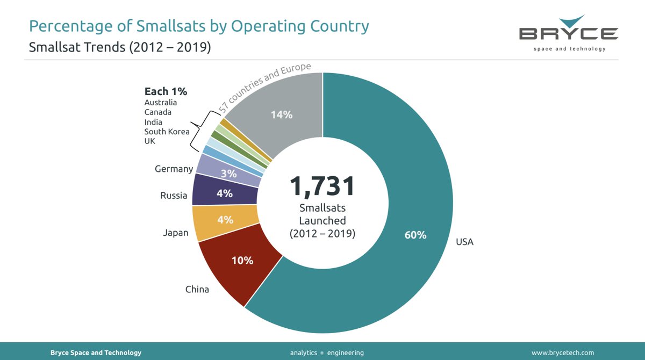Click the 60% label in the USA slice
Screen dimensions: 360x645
click(x=416, y=235)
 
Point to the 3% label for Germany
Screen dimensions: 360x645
click(x=228, y=174)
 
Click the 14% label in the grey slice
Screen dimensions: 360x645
click(x=281, y=114)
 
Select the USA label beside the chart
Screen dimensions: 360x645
click(x=464, y=242)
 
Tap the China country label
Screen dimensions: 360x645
click(x=197, y=290)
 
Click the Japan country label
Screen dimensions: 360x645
click(x=176, y=233)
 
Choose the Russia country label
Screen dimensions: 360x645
click(x=174, y=196)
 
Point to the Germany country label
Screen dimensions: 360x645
click(x=174, y=169)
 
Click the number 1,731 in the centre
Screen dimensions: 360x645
click(x=322, y=186)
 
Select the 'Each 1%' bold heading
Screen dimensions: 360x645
click(x=166, y=91)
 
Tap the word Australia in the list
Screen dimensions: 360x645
click(x=161, y=103)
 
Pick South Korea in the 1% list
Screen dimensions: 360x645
click(x=167, y=132)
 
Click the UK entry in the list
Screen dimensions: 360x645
click(x=150, y=141)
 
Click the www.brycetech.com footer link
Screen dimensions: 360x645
click(x=563, y=352)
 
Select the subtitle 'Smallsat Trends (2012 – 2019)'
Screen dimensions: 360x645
click(x=119, y=47)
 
